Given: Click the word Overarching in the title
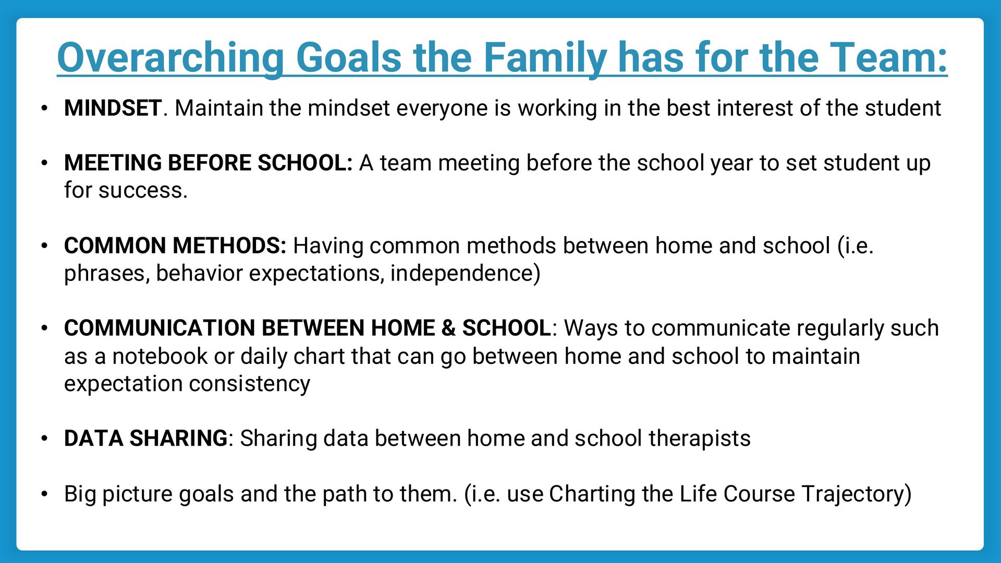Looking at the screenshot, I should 170,57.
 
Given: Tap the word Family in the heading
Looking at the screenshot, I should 544,57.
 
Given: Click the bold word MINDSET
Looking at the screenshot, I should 113,108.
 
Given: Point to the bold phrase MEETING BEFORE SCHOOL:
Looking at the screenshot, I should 208,163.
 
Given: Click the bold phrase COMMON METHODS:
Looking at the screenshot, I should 175,246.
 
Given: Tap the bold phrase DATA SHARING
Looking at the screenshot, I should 145,438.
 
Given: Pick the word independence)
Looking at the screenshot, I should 465,273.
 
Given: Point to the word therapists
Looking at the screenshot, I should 699,438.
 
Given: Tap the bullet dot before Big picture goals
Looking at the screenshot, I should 45,494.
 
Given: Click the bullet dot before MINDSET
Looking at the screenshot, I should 45,109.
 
